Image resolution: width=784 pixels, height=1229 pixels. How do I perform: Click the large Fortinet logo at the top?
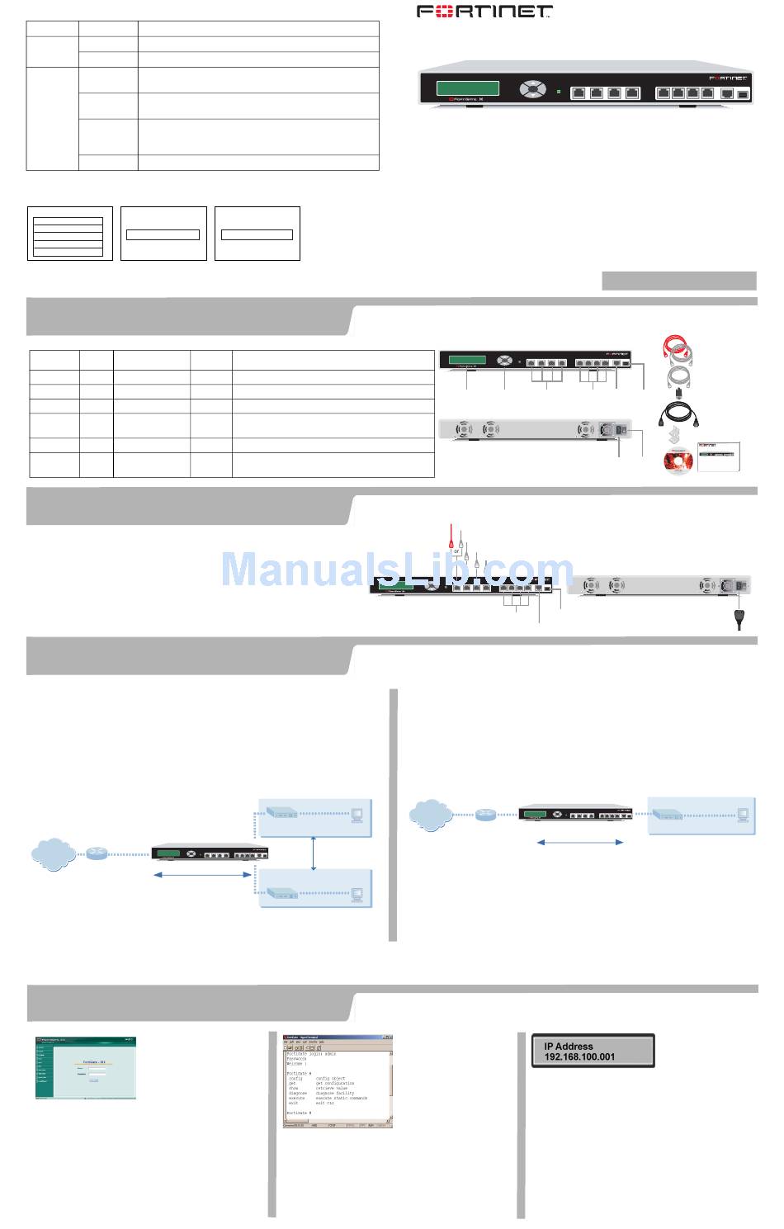point(484,12)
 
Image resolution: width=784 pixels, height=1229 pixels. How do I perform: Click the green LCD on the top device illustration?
point(468,88)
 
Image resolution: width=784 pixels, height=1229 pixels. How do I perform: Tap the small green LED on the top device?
point(559,92)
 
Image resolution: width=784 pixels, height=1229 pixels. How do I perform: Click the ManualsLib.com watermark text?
point(397,570)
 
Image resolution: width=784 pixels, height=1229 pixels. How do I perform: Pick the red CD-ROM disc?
point(678,461)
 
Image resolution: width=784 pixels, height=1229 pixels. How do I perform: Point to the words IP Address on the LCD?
point(569,1046)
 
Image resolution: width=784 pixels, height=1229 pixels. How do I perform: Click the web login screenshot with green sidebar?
point(85,1067)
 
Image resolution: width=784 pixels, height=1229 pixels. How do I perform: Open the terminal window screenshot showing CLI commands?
point(338,1081)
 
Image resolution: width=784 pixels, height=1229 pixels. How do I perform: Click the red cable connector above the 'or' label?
point(451,541)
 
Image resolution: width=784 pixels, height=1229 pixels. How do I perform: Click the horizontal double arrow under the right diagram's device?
point(579,842)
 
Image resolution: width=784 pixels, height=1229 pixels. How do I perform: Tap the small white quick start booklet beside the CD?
point(718,456)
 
